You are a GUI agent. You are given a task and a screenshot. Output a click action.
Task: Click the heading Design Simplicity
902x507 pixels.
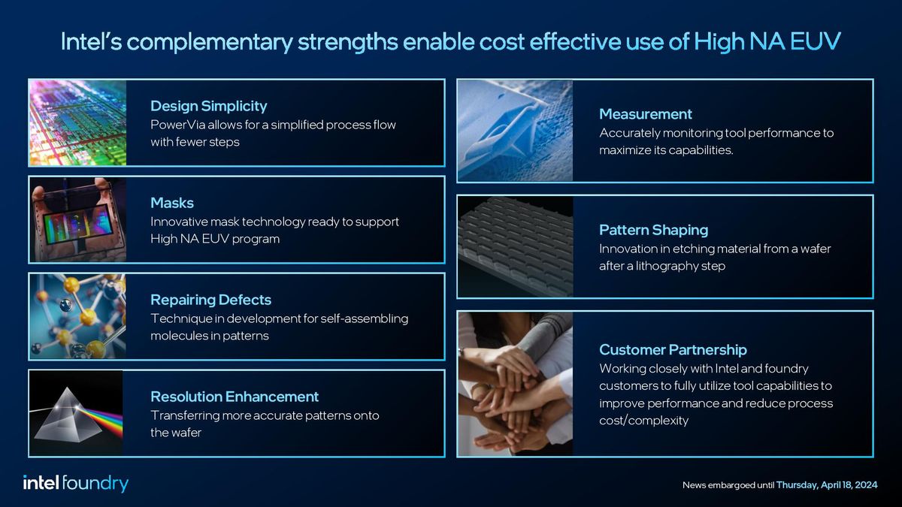click(208, 106)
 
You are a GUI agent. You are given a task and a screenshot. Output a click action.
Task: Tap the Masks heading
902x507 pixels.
click(171, 203)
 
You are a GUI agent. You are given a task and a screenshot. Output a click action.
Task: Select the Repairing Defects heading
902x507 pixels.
click(210, 300)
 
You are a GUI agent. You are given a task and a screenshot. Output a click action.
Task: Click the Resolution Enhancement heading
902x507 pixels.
click(235, 397)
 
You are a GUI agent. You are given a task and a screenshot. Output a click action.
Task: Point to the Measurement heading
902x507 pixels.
click(645, 114)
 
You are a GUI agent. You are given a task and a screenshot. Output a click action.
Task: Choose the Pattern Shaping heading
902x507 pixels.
click(653, 230)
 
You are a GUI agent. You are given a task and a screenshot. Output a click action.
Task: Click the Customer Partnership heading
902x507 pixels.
click(673, 350)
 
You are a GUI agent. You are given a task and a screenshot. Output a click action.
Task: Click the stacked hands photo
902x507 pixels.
click(515, 384)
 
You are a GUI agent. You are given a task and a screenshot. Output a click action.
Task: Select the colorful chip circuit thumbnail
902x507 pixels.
click(77, 122)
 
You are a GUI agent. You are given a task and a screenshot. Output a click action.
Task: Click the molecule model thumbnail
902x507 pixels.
click(77, 316)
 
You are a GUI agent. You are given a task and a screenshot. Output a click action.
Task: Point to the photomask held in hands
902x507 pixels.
click(77, 219)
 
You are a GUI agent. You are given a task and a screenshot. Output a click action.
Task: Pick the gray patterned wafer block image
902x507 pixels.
click(515, 247)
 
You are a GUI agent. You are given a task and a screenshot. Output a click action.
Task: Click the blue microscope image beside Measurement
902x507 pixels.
click(515, 131)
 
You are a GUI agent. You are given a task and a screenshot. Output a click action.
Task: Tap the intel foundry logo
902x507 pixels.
click(75, 484)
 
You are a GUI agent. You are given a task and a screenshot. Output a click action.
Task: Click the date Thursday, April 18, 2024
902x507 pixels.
click(826, 485)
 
